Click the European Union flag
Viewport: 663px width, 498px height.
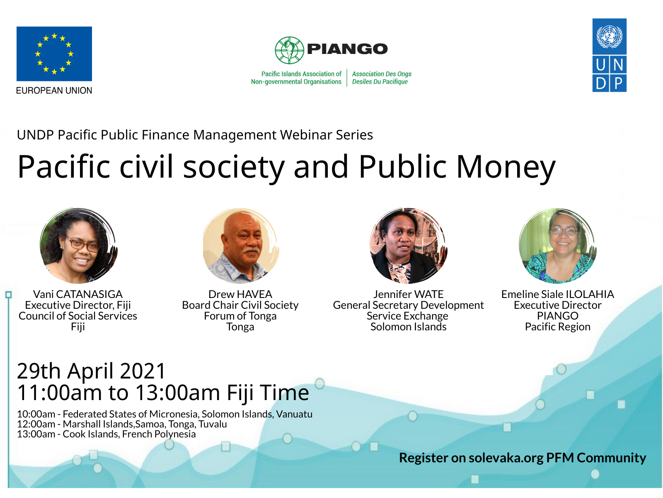tap(54, 54)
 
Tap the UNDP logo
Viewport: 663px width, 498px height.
tap(609, 55)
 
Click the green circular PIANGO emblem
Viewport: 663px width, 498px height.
tap(289, 50)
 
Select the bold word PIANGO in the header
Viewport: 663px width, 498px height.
tap(347, 49)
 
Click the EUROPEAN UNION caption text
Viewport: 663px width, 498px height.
tap(54, 90)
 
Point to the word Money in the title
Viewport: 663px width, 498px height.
tap(506, 167)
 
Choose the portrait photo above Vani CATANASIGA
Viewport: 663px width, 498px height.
tap(79, 246)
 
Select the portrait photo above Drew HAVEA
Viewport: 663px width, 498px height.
tap(241, 246)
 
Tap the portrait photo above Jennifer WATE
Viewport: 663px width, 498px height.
tap(409, 246)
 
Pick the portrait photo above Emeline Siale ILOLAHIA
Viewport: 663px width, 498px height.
tap(558, 246)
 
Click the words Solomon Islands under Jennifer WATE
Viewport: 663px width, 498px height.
tap(409, 327)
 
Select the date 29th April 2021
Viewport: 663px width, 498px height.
tap(91, 371)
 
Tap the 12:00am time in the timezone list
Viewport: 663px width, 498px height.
tap(36, 424)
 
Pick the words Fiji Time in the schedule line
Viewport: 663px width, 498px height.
tap(268, 393)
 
